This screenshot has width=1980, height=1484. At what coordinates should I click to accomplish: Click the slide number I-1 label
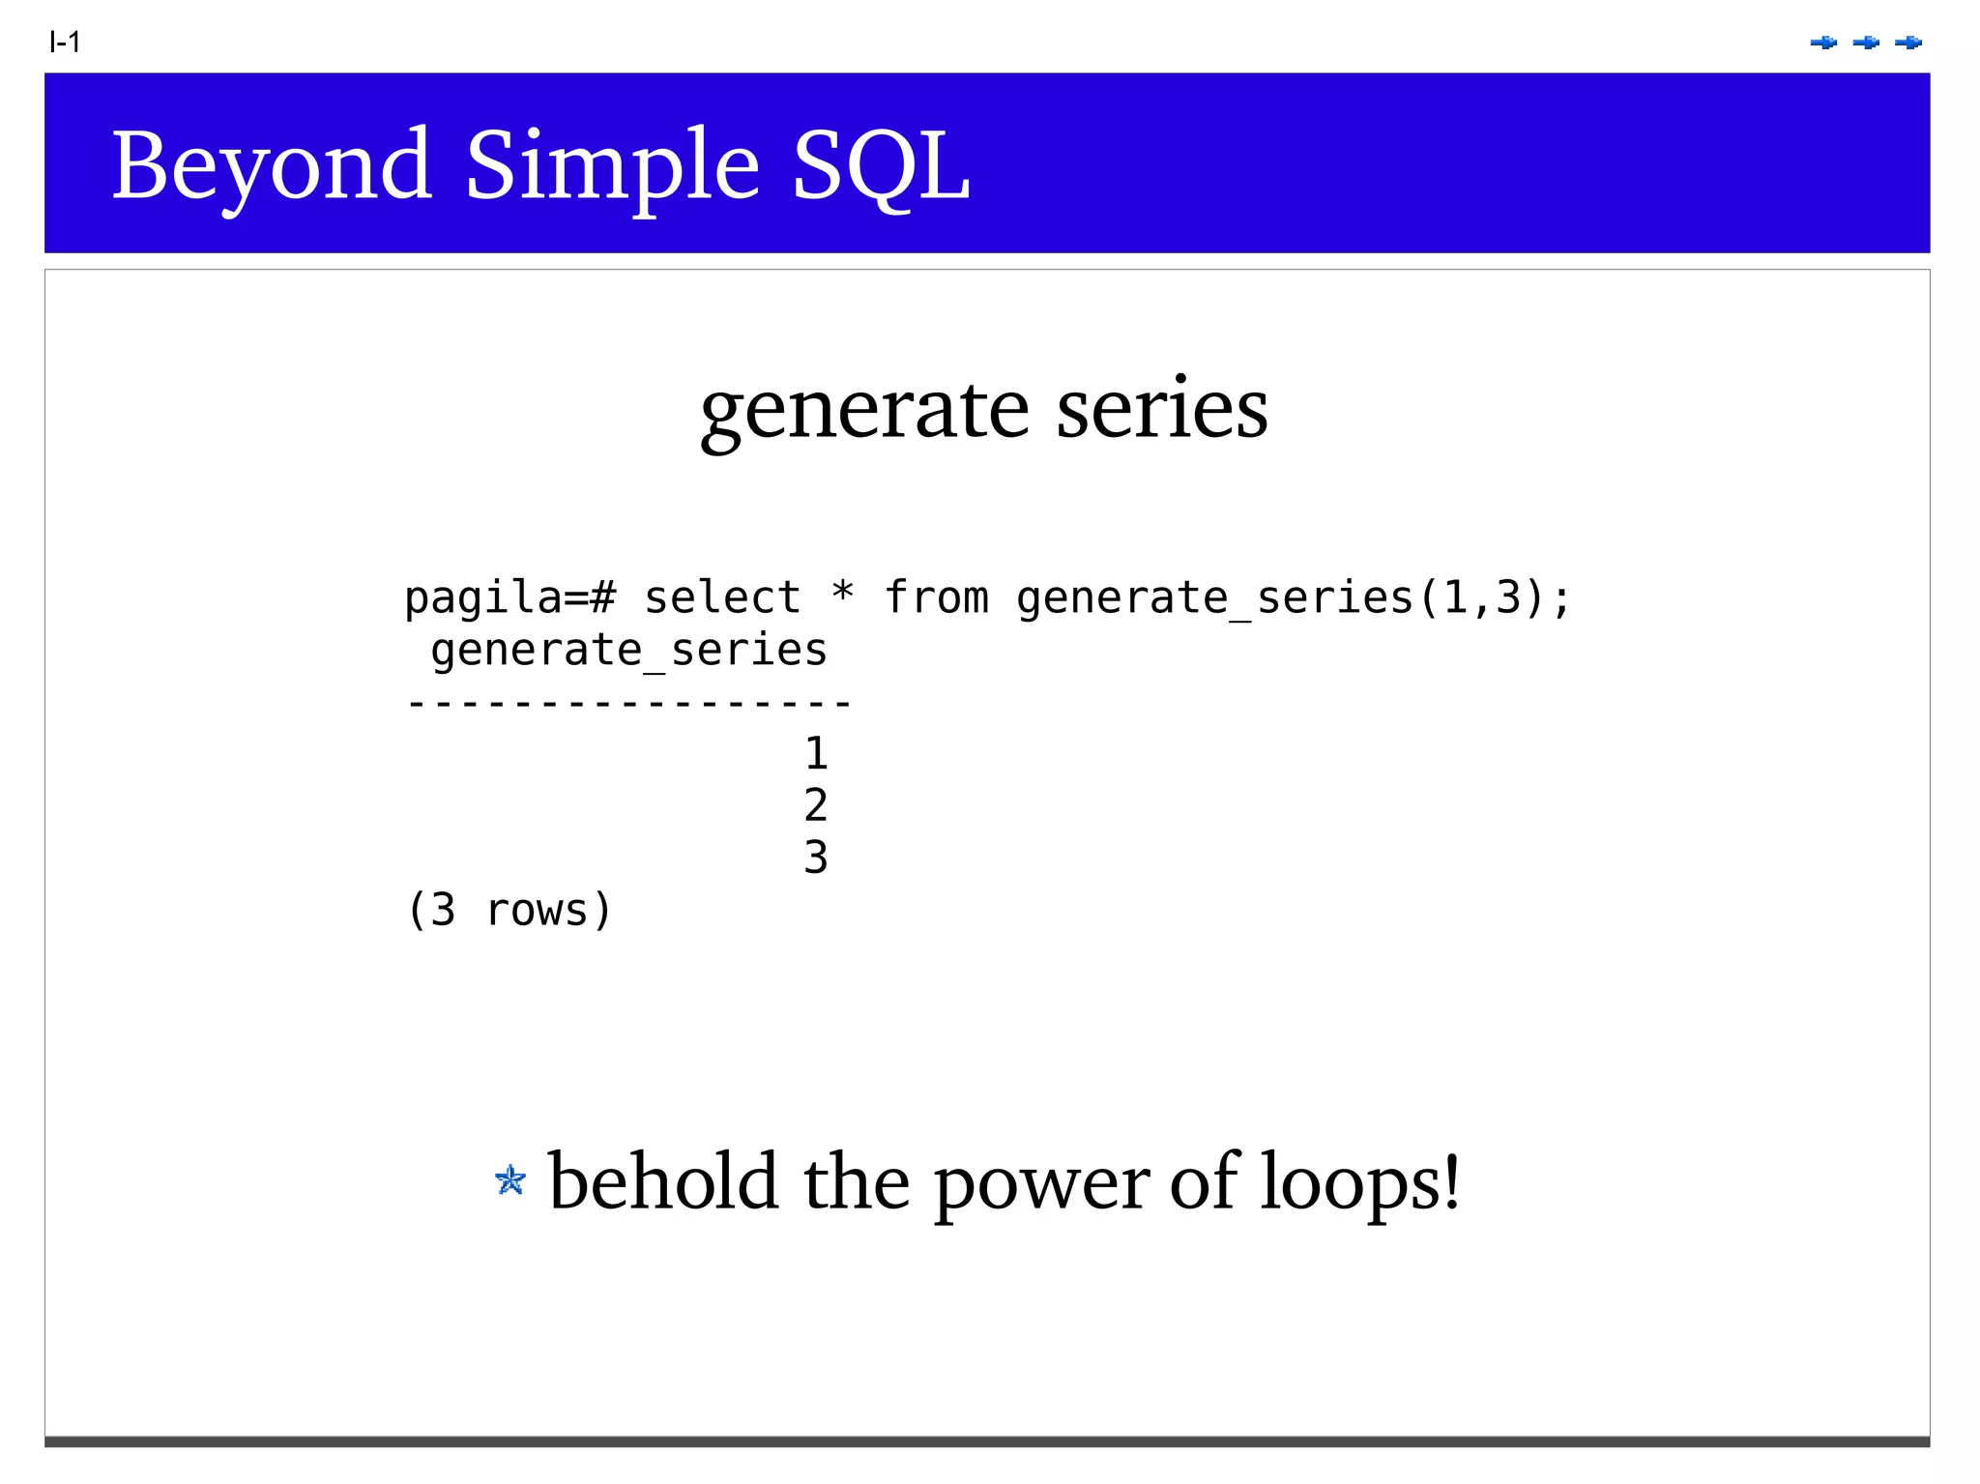pyautogui.click(x=65, y=43)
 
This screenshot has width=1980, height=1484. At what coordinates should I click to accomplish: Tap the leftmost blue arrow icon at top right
pyautogui.click(x=1823, y=43)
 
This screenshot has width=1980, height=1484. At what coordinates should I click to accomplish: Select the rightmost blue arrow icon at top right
pyautogui.click(x=1908, y=43)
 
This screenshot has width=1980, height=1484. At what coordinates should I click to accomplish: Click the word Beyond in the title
pyautogui.click(x=272, y=166)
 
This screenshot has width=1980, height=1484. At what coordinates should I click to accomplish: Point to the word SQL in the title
pyautogui.click(x=881, y=166)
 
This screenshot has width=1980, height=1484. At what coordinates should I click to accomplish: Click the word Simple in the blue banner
pyautogui.click(x=612, y=166)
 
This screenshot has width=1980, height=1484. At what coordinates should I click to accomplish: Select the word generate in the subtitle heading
pyautogui.click(x=864, y=410)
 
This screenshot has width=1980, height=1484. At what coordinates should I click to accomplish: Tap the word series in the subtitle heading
pyautogui.click(x=1161, y=408)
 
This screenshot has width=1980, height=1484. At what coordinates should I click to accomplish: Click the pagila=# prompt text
pyautogui.click(x=510, y=597)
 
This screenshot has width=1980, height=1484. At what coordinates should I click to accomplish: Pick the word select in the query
pyautogui.click(x=722, y=597)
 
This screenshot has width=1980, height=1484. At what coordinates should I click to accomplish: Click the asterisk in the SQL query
pyautogui.click(x=842, y=592)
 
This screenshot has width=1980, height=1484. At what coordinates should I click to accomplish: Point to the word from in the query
pyautogui.click(x=936, y=597)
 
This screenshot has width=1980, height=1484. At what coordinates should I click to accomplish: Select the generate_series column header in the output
pyautogui.click(x=628, y=650)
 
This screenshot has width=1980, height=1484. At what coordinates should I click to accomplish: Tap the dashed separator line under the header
pyautogui.click(x=628, y=703)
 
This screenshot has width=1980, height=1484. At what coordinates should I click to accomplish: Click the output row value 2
pyautogui.click(x=816, y=805)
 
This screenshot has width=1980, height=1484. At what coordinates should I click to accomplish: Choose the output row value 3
pyautogui.click(x=816, y=858)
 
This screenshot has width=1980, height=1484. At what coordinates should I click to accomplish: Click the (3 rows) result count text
pyautogui.click(x=510, y=910)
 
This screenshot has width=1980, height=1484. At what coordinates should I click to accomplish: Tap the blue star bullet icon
pyautogui.click(x=510, y=1180)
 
